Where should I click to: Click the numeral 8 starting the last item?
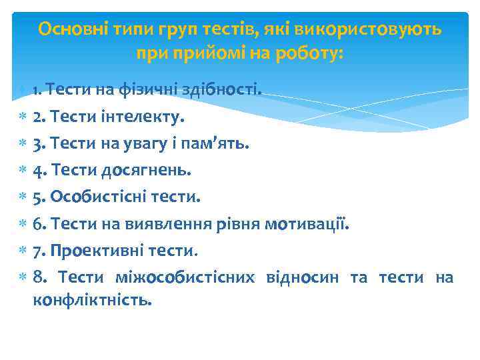coord(38,277)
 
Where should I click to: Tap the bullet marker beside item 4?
coord(22,171)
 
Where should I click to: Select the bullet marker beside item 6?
coord(22,224)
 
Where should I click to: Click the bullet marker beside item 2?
coord(22,117)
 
